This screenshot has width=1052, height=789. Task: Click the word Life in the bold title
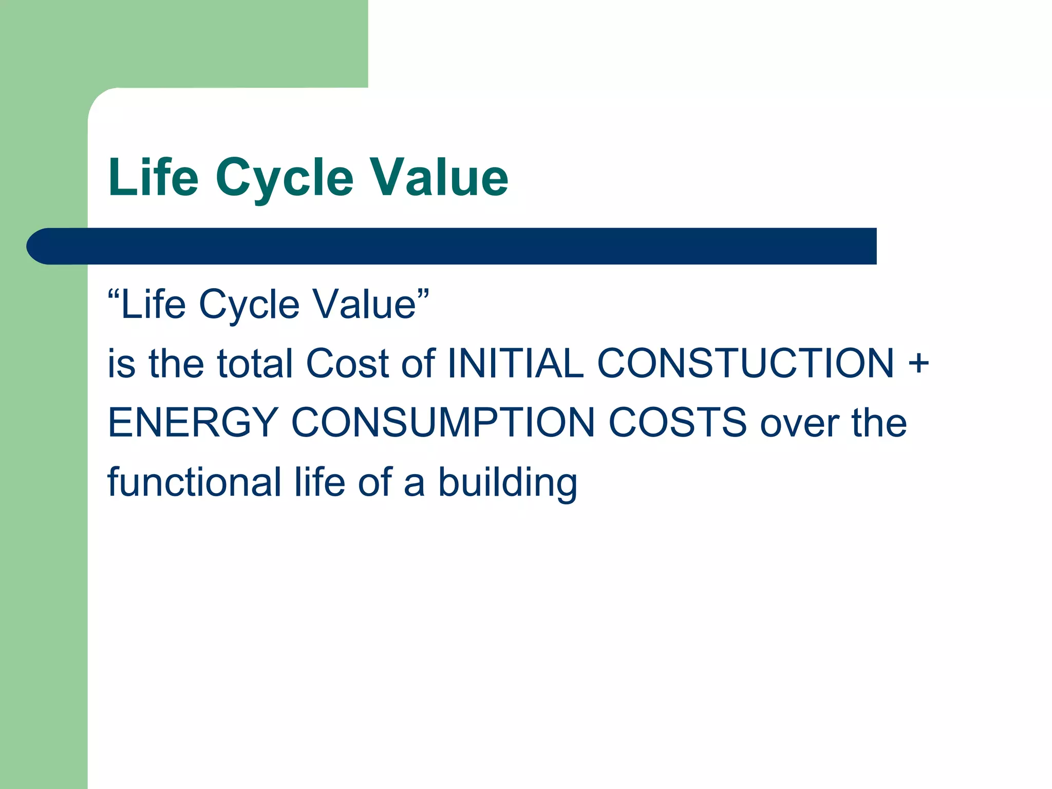pyautogui.click(x=153, y=177)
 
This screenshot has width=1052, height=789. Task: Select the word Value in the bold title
pyautogui.click(x=439, y=177)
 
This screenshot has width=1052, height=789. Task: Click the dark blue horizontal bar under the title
pyautogui.click(x=452, y=246)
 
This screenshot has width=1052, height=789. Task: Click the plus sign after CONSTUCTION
pyautogui.click(x=918, y=363)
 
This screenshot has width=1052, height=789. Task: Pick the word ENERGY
pyautogui.click(x=193, y=423)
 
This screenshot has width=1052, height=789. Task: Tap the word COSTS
pyautogui.click(x=678, y=423)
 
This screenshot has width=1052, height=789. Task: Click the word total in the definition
pyautogui.click(x=255, y=364)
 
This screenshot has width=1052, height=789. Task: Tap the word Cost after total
pyautogui.click(x=347, y=364)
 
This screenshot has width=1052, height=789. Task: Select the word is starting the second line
pyautogui.click(x=121, y=364)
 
